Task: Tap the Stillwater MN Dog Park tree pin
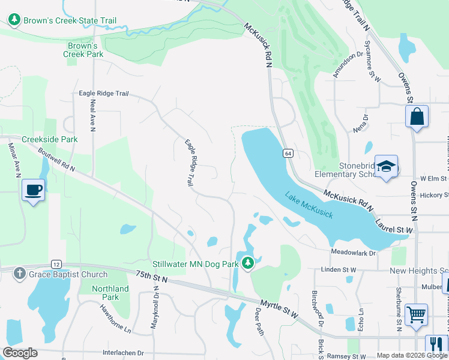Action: point(247,263)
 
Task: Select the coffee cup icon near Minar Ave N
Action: point(33,191)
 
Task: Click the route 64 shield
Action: point(288,154)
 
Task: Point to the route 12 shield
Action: point(56,264)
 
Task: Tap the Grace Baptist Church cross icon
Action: point(20,274)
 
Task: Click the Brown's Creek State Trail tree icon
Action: point(14,20)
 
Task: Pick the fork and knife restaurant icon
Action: point(436,345)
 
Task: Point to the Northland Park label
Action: point(110,293)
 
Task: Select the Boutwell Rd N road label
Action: point(56,160)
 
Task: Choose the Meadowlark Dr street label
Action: point(353,253)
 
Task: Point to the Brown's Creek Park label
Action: point(83,50)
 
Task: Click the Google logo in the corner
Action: point(20,353)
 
